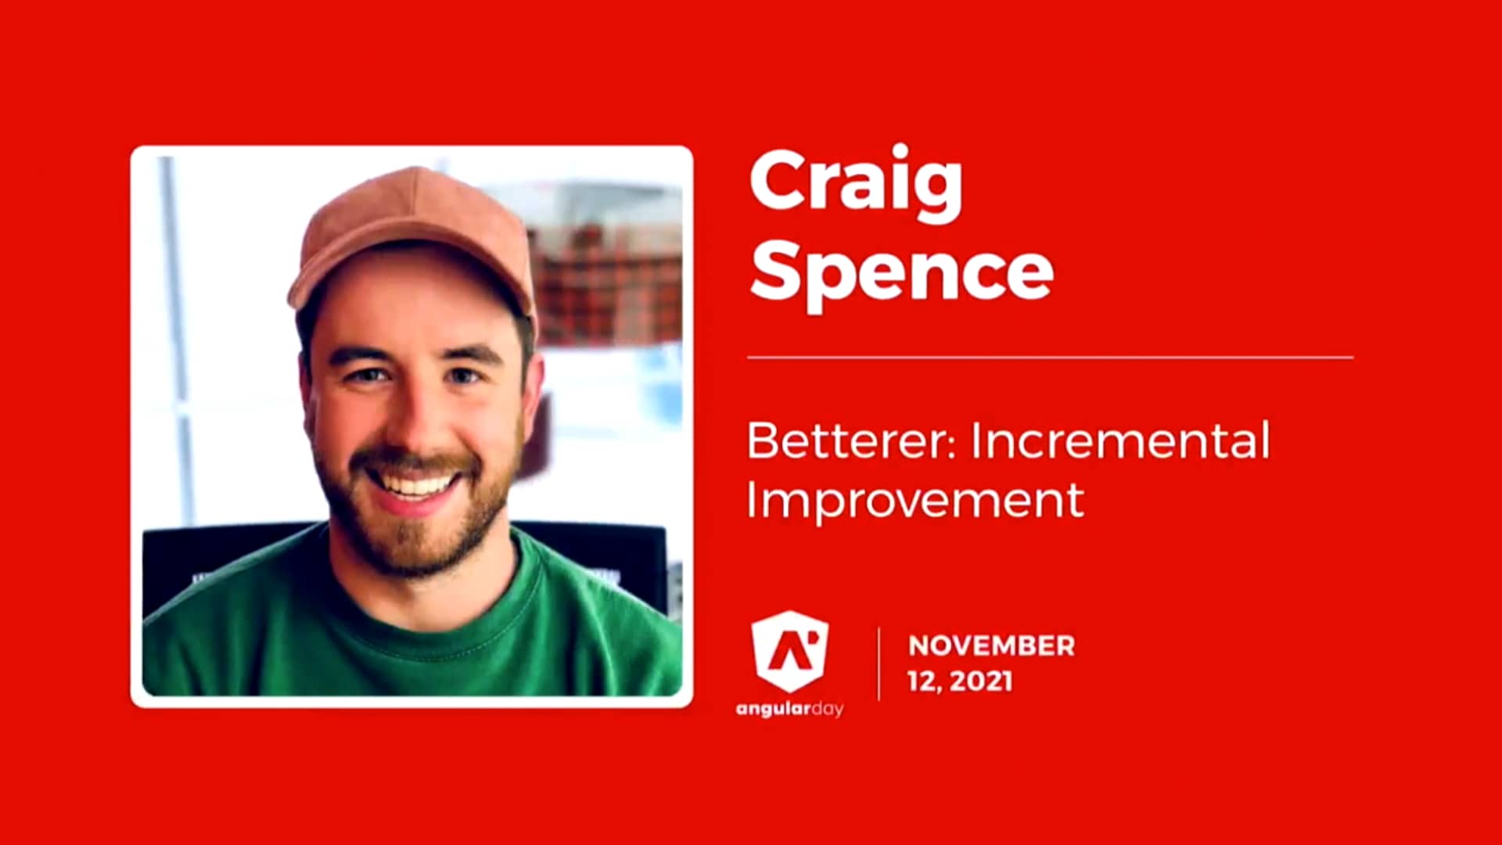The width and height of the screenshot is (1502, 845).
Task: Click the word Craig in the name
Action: click(856, 182)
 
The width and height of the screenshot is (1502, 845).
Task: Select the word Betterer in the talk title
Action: click(851, 441)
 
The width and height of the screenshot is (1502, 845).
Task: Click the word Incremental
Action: click(1120, 441)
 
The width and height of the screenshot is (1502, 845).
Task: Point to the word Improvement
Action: click(915, 501)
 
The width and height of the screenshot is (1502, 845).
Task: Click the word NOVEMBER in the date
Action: click(991, 646)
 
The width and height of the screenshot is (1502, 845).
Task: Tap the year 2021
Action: click(981, 681)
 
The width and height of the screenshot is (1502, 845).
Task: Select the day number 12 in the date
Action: click(923, 681)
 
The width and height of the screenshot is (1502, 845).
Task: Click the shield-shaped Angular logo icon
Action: click(789, 651)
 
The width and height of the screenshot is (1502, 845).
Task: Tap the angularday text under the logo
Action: click(789, 710)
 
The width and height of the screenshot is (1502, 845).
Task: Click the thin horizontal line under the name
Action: click(1050, 358)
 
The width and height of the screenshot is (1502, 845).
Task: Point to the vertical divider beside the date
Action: click(879, 663)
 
